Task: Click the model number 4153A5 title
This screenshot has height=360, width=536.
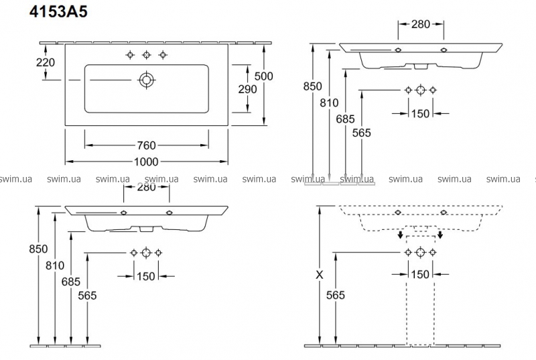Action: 58,12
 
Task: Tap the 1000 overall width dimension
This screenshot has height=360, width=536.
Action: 146,162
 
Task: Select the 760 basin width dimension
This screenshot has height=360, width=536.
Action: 146,145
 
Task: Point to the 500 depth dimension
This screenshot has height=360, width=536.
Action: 263,76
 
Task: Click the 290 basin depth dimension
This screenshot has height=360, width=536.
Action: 247,89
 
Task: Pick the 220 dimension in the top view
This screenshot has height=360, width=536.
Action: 46,62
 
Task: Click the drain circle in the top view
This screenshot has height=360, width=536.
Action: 146,80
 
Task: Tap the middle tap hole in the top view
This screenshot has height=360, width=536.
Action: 147,55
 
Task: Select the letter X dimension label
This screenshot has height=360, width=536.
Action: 320,275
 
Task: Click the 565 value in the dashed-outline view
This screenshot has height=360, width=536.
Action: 336,295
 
